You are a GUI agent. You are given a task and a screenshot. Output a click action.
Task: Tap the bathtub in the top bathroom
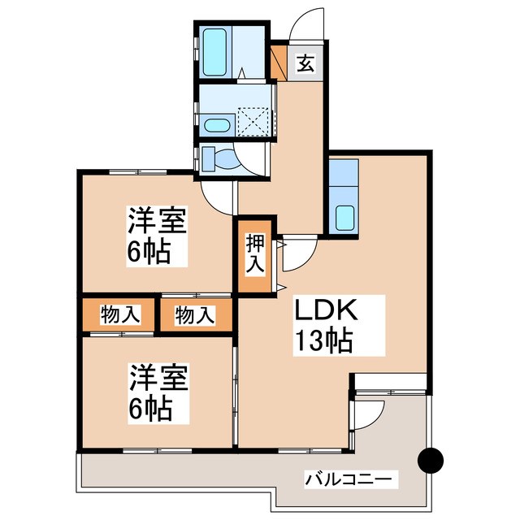click(x=217, y=50)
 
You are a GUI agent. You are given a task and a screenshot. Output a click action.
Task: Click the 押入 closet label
click(x=254, y=253)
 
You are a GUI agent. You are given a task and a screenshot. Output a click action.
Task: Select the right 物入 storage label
click(x=194, y=314)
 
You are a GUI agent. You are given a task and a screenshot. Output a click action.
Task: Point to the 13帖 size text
click(x=323, y=343)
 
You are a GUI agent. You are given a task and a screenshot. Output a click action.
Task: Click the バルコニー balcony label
click(x=352, y=479)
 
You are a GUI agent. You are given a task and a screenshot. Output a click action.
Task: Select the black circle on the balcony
click(x=431, y=461)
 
